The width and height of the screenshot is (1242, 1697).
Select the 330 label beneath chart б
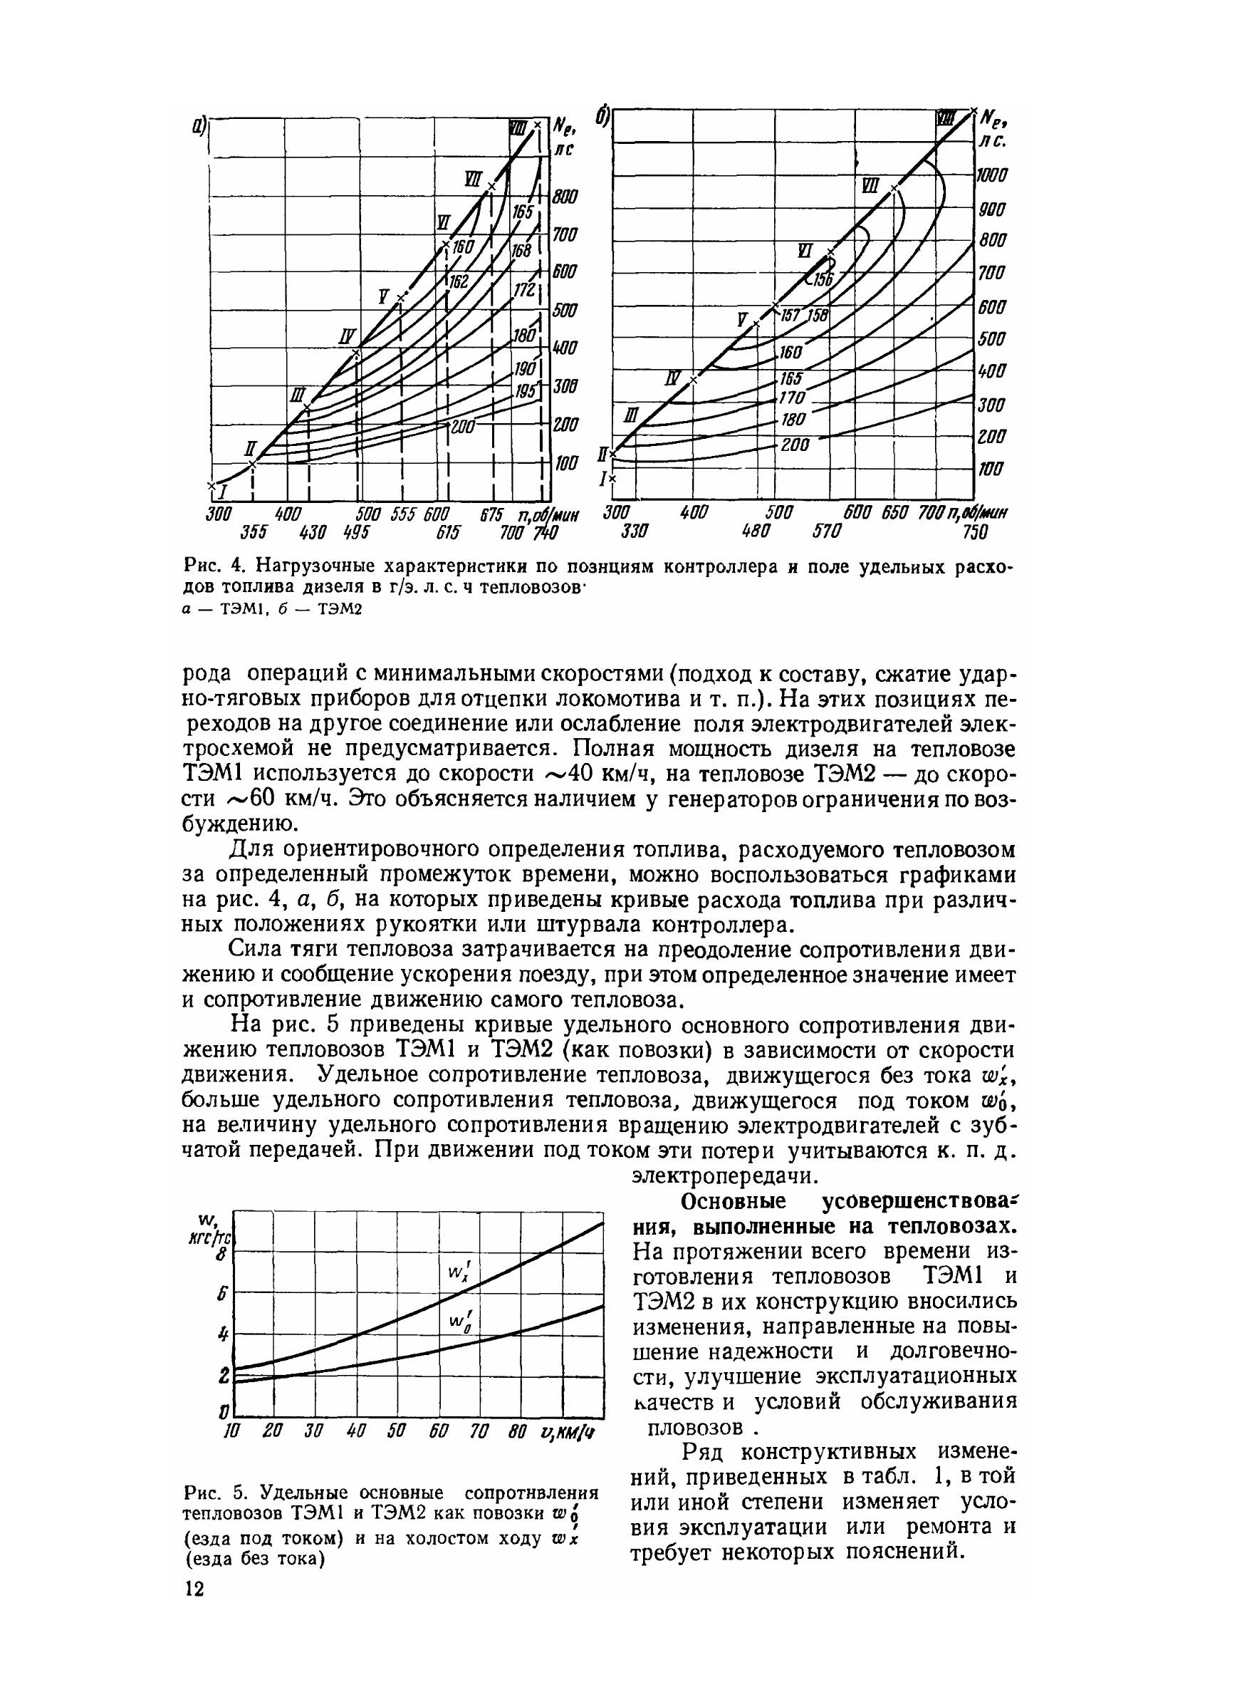(637, 532)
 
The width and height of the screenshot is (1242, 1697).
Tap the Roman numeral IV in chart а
(347, 336)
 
